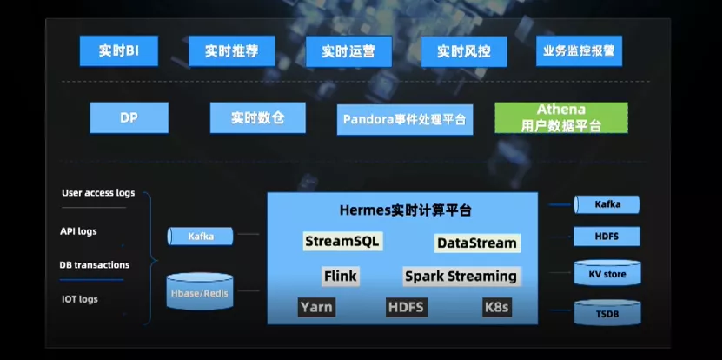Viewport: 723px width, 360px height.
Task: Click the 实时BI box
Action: [120, 51]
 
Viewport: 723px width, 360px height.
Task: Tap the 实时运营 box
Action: [348, 51]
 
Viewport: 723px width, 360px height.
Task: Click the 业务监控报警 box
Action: [579, 51]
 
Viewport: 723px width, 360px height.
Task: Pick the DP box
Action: [129, 117]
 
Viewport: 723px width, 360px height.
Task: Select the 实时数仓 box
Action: [257, 117]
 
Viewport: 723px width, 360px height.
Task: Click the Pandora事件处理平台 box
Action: [404, 119]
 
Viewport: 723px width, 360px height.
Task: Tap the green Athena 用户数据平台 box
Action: [560, 118]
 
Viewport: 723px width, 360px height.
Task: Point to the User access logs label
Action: [98, 193]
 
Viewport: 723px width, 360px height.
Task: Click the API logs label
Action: [78, 231]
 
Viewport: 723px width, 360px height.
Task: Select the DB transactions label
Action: [94, 265]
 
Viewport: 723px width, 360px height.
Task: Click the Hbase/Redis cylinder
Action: [199, 293]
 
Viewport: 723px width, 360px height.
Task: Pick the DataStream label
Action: [477, 243]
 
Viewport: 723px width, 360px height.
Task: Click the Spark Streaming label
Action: [461, 277]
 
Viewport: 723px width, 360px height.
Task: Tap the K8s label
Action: [496, 307]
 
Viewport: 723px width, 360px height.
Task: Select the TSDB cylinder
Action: [607, 312]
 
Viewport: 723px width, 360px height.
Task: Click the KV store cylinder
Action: [607, 275]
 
